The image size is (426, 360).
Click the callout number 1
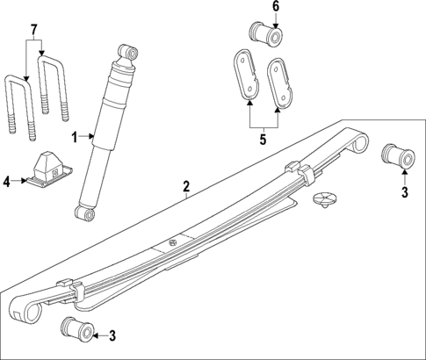click(x=76, y=136)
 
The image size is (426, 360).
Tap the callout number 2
click(x=186, y=186)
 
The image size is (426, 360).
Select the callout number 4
click(x=6, y=182)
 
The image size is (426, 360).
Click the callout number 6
click(x=275, y=7)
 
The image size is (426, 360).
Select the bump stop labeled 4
click(x=46, y=170)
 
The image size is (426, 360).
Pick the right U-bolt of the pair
click(x=54, y=92)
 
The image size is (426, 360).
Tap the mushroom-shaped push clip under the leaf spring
click(x=326, y=198)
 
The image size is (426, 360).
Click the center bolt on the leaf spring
click(x=172, y=241)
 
